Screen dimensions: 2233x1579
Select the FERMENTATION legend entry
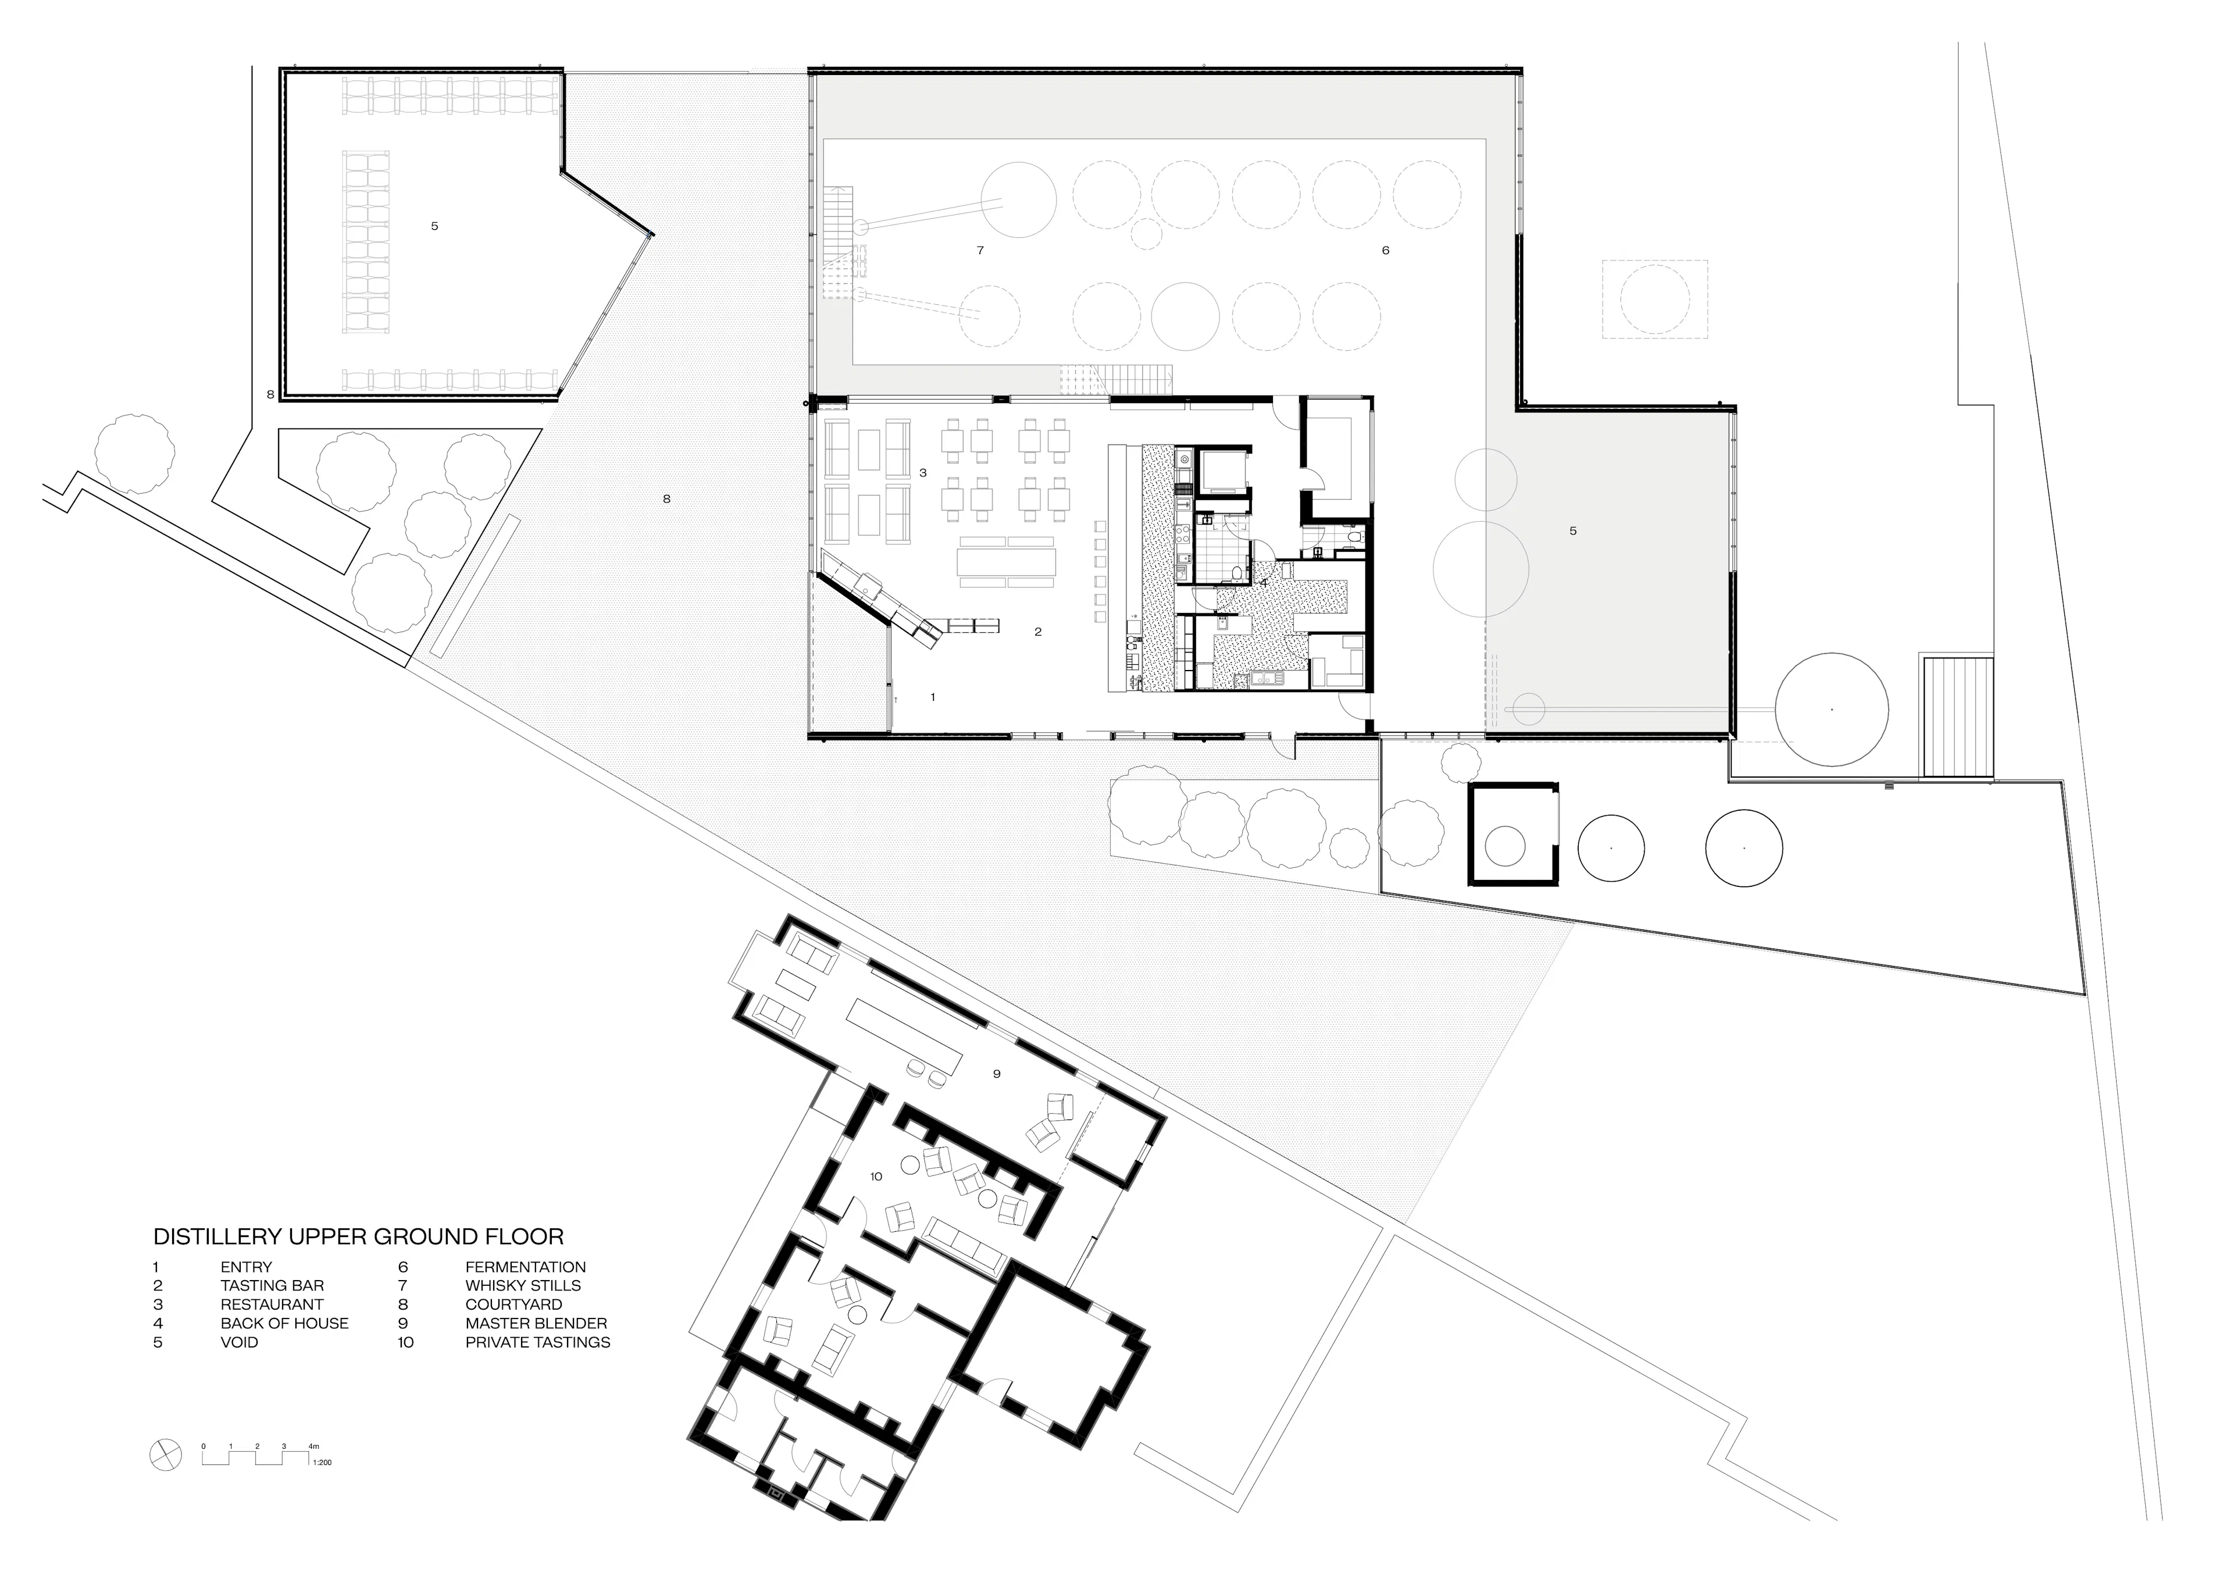point(525,1267)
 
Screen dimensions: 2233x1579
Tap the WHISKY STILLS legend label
point(522,1285)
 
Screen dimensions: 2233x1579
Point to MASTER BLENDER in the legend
point(536,1323)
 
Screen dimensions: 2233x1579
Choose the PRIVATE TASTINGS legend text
point(538,1342)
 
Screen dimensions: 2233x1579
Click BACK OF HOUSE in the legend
point(284,1323)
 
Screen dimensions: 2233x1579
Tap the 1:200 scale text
point(322,1462)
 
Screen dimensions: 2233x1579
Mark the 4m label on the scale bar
point(313,1446)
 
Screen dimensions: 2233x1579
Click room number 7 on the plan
point(980,250)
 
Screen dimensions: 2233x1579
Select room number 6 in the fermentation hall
point(1386,250)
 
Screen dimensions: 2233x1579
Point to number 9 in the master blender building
point(997,1074)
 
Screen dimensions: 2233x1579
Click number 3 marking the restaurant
point(923,473)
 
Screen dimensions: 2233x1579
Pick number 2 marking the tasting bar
point(1038,632)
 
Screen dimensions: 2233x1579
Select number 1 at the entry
point(933,697)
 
